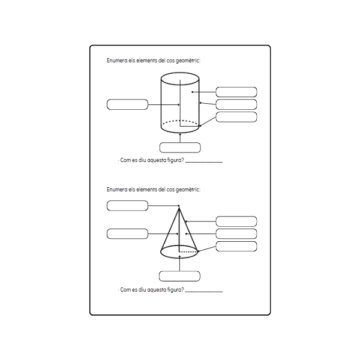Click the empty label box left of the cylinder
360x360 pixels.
tap(127, 104)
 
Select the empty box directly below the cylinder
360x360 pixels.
tap(180, 148)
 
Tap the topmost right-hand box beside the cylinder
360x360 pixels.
tap(236, 92)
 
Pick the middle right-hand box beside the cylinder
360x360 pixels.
tap(236, 104)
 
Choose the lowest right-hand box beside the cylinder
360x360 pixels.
tap(236, 117)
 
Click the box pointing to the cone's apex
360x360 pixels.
tap(127, 206)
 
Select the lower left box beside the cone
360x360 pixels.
tap(127, 233)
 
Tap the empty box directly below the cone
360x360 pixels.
tap(179, 276)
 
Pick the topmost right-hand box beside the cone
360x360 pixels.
tap(236, 221)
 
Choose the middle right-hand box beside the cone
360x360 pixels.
tap(236, 233)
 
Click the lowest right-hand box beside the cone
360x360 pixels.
tap(236, 247)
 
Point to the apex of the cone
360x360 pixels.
tap(179, 209)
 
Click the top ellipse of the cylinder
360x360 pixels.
tap(180, 77)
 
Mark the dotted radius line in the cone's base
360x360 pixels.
tap(188, 252)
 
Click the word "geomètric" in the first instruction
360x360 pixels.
tap(188, 61)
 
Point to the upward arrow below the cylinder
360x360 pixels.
tap(180, 137)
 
